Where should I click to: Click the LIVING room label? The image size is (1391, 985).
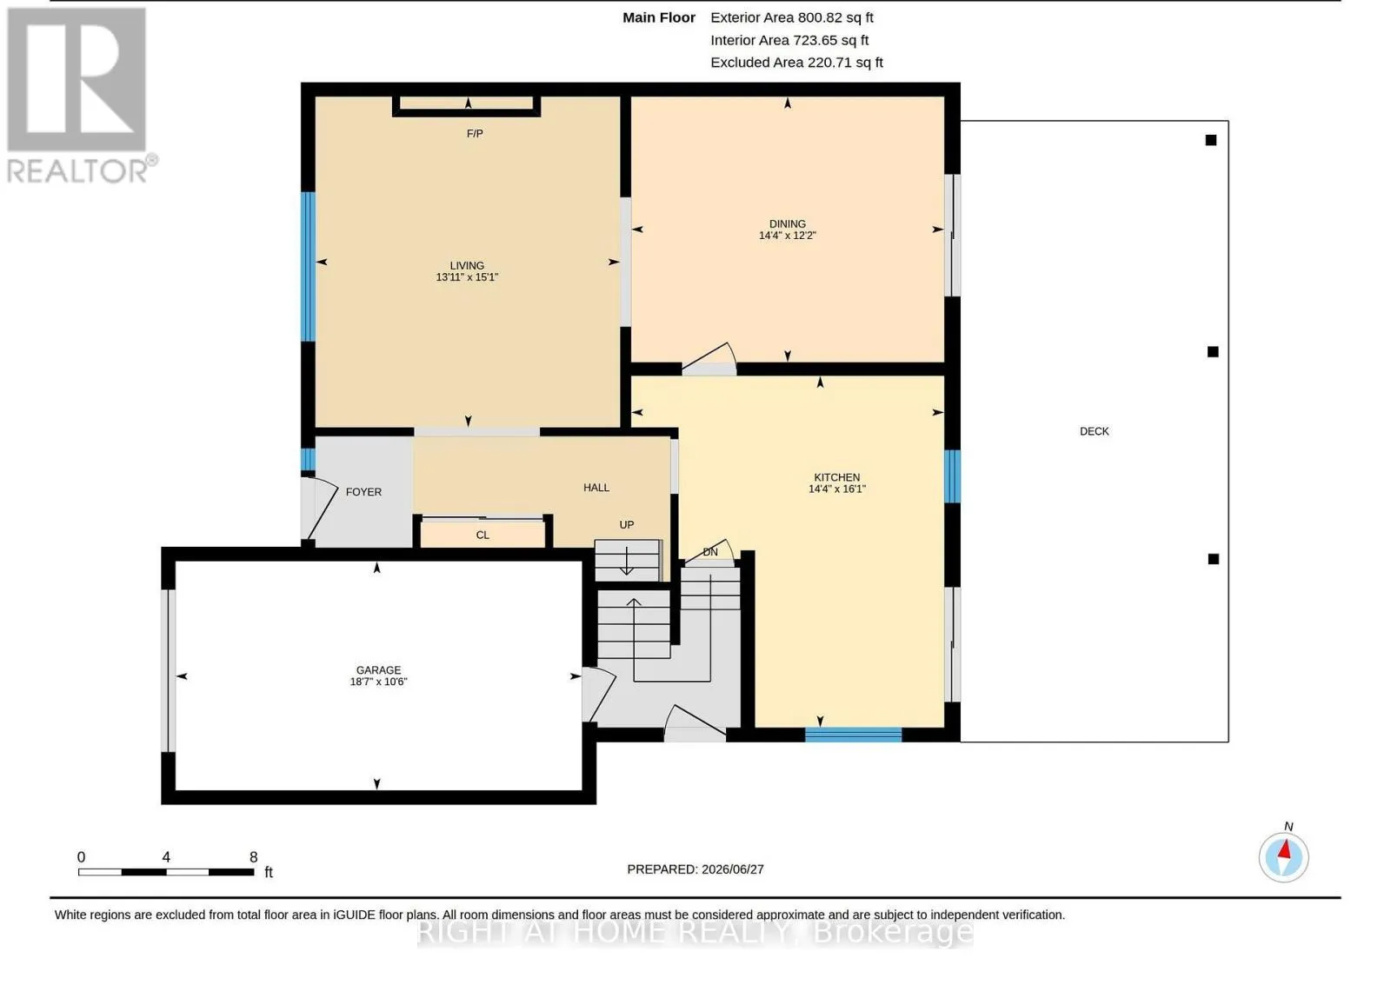(x=467, y=265)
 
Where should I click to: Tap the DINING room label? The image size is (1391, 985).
(x=788, y=223)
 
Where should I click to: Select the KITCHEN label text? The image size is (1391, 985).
(x=837, y=477)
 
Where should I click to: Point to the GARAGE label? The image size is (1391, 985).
(x=378, y=669)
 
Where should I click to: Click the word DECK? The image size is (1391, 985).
(x=1095, y=431)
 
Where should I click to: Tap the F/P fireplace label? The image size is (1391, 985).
(x=475, y=134)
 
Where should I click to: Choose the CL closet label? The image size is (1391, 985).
(x=483, y=535)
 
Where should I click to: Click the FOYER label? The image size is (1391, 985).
(x=363, y=492)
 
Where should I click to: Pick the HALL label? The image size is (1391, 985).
(x=596, y=488)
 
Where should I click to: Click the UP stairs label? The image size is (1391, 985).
(x=627, y=525)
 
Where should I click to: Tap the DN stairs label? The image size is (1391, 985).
(x=709, y=552)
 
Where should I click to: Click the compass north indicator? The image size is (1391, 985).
(x=1283, y=855)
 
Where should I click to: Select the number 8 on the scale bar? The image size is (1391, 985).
(x=253, y=857)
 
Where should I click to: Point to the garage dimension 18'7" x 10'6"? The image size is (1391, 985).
(x=378, y=682)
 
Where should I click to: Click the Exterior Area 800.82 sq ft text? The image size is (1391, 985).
(x=792, y=17)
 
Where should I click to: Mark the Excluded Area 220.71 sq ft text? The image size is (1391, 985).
(x=796, y=62)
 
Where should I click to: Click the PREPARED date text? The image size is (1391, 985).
(x=695, y=869)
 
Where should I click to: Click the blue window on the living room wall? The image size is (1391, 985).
(x=308, y=266)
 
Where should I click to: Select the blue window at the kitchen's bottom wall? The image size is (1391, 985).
(x=853, y=735)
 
